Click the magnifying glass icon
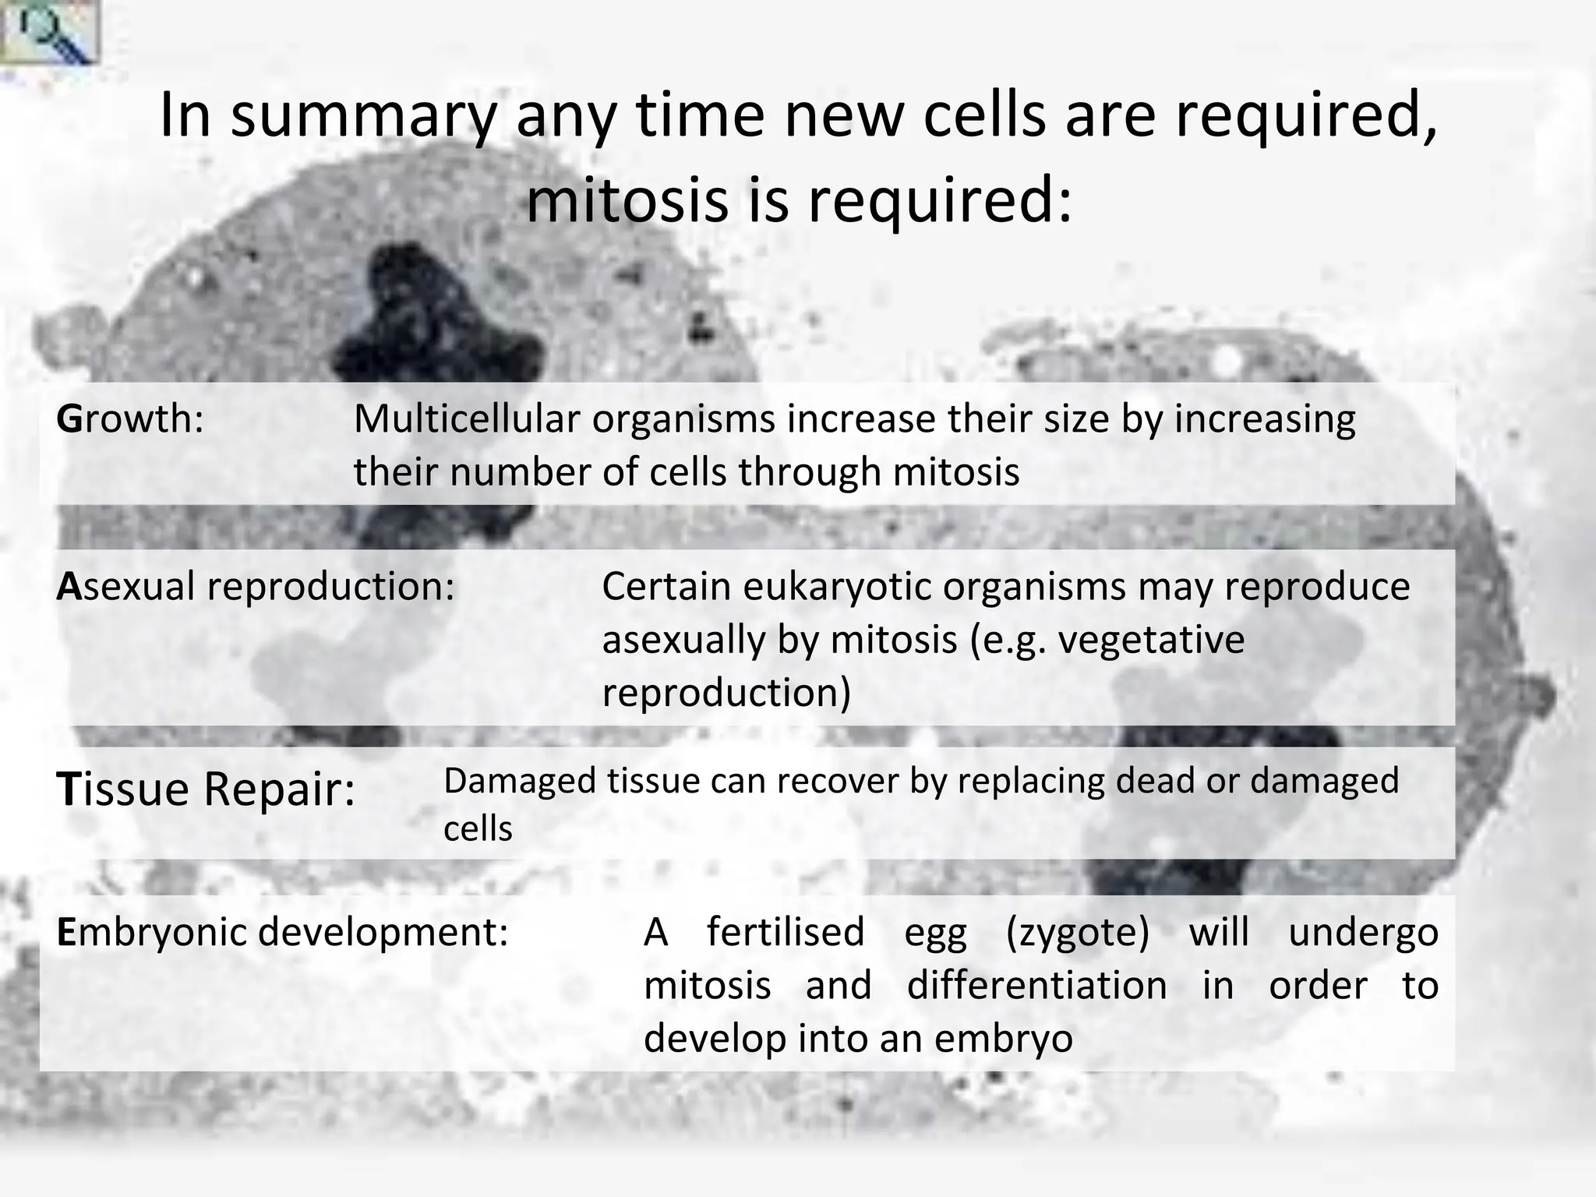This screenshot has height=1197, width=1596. click(48, 31)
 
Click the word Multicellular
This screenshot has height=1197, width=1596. click(467, 419)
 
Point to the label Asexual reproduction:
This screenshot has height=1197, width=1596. click(255, 587)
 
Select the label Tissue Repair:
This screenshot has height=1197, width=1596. click(206, 789)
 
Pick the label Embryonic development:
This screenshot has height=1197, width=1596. click(282, 932)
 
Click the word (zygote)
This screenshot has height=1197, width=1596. click(1078, 932)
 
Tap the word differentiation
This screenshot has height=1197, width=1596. click(1036, 985)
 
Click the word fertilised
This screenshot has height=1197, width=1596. click(786, 932)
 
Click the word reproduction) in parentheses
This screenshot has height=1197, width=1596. click(726, 693)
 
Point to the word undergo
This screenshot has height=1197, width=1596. click(1363, 932)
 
